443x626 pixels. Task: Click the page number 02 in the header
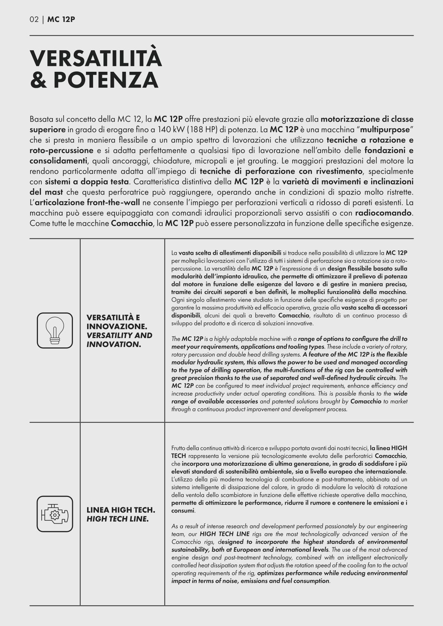(34, 19)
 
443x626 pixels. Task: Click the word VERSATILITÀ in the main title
(96, 58)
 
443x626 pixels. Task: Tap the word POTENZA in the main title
(106, 80)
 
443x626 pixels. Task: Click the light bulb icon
(55, 330)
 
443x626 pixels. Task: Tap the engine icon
(55, 514)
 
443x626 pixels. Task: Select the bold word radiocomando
(383, 213)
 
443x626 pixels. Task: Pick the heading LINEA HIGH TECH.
(121, 510)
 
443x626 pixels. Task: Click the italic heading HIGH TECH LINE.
(118, 519)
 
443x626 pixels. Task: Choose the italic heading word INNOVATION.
(114, 344)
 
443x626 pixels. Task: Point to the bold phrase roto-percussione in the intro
(61, 151)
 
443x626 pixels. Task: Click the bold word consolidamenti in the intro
(58, 161)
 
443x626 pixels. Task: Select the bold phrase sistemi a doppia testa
(87, 182)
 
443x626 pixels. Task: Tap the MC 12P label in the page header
(61, 19)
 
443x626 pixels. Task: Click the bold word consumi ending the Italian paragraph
(183, 510)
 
